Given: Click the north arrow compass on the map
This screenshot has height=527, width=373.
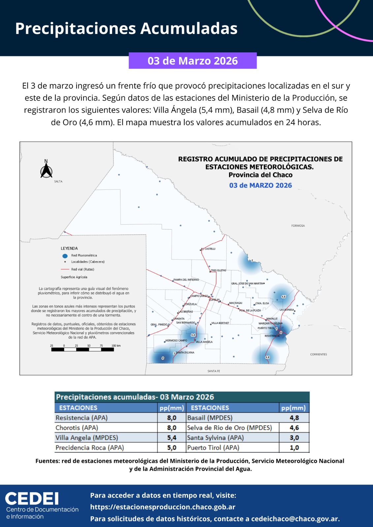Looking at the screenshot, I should click(x=46, y=170).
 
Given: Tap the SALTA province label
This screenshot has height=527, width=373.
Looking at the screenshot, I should click(x=58, y=181).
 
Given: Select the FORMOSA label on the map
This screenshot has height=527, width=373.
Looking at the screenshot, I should click(x=298, y=226).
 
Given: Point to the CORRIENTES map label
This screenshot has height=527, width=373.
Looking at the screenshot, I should click(x=319, y=354).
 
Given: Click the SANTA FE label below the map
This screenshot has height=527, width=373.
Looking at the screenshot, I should click(x=214, y=371).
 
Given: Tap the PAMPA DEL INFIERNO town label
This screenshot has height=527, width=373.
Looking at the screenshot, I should click(x=186, y=280).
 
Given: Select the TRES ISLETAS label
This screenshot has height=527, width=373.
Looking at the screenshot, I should click(x=219, y=270).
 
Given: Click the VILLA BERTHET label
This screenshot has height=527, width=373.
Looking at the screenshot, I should click(x=220, y=323).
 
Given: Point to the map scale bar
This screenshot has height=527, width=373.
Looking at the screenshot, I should click(x=82, y=349).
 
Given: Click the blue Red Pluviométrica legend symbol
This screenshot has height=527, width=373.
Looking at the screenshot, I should click(x=65, y=256).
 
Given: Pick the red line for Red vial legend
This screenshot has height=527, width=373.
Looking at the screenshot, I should click(x=65, y=269).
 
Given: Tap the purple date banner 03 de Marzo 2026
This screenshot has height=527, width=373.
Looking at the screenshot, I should click(x=193, y=61).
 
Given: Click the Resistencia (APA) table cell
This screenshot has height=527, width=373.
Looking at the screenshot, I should click(x=82, y=418).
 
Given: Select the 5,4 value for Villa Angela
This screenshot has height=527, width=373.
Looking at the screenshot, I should click(x=171, y=438).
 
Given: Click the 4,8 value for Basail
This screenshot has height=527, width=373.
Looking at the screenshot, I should click(x=294, y=418).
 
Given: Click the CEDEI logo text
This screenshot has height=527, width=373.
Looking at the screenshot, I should click(x=32, y=499).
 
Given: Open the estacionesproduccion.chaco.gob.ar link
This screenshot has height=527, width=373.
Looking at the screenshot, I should click(x=163, y=507).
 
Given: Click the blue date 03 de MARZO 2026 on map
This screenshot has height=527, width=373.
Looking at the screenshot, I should click(x=261, y=185).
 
